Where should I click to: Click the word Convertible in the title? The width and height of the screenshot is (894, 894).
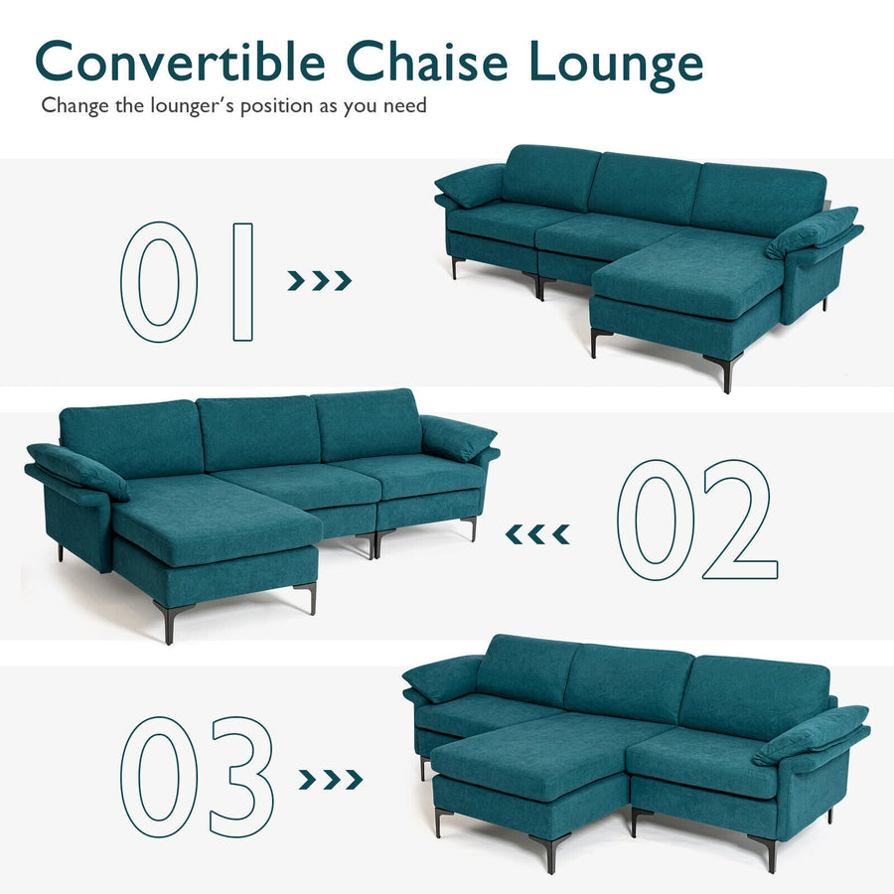coord(180,61)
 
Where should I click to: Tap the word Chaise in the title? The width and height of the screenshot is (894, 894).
coord(426,61)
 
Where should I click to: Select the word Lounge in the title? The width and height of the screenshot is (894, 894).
coord(616,65)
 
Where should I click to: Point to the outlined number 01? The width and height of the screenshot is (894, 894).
coord(187,282)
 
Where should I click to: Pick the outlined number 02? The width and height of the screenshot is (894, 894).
coord(697,520)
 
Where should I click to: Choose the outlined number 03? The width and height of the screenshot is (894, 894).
coord(197,777)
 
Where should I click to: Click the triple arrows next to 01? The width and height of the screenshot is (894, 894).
coord(319,280)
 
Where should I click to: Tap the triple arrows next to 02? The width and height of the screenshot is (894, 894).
coord(537,534)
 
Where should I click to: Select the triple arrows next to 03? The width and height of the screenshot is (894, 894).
coord(331,780)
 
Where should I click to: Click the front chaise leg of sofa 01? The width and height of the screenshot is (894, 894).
coord(725,372)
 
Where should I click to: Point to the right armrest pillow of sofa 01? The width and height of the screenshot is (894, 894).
coord(812,232)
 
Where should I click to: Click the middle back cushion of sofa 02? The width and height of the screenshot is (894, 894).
coord(258,432)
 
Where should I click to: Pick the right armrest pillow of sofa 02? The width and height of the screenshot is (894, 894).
coord(457,437)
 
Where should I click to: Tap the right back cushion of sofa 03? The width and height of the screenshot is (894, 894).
coord(754,695)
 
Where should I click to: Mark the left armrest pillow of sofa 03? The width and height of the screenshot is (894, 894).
coord(442,677)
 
